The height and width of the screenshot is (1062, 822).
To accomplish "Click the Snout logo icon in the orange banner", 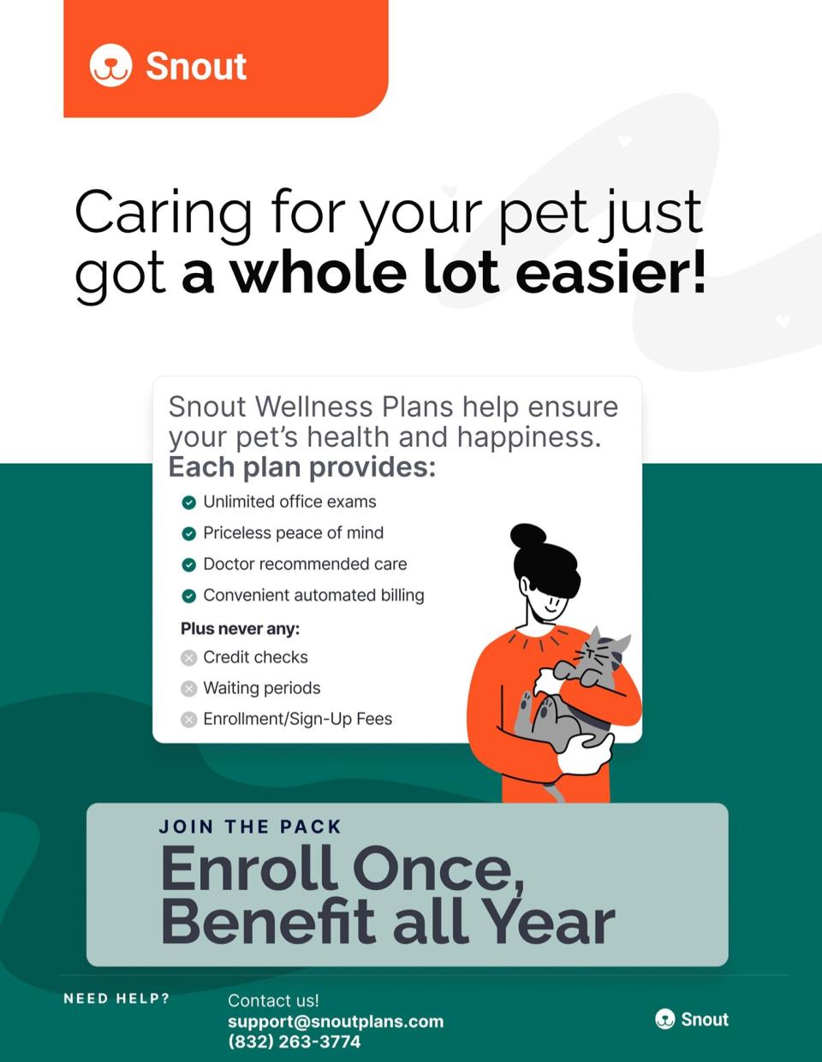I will [x=110, y=66].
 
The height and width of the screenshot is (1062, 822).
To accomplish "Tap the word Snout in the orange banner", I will [x=196, y=67].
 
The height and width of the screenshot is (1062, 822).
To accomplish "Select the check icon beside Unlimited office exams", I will [x=189, y=502].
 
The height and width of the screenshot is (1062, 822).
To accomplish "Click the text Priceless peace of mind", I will [x=293, y=533].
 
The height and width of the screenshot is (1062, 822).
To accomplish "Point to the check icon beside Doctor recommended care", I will [x=189, y=565].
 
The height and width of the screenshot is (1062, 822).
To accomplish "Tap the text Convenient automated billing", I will [x=313, y=596].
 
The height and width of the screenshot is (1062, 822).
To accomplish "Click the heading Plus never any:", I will [x=240, y=629].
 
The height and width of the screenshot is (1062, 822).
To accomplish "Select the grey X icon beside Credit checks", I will [x=189, y=658].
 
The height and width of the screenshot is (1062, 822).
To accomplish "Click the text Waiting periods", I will [x=261, y=689].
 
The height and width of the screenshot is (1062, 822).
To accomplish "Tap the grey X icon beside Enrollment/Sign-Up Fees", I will [x=189, y=720].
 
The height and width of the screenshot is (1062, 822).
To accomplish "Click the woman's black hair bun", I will [x=528, y=537].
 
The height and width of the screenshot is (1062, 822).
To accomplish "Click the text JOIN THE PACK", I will [x=250, y=828].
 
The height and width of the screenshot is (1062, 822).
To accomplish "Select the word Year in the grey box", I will [x=548, y=922].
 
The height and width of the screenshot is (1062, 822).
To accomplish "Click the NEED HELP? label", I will [x=116, y=999].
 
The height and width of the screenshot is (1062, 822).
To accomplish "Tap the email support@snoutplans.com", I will [x=336, y=1022].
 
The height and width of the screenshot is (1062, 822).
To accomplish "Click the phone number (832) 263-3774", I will [x=294, y=1042].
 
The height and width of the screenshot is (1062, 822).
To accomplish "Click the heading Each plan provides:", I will [x=301, y=468].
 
